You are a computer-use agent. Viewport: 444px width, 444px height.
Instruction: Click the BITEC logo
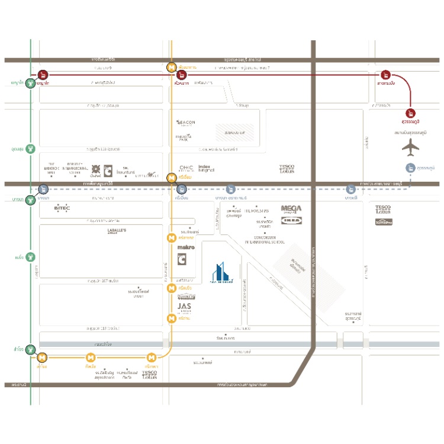[x=62, y=208]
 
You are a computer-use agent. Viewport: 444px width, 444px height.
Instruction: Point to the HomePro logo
[x=384, y=222]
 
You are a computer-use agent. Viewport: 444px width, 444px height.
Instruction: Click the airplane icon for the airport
[x=410, y=147]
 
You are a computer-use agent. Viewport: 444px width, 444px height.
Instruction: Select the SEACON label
[x=186, y=123]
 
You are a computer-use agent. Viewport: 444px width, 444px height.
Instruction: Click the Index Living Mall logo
[x=207, y=169]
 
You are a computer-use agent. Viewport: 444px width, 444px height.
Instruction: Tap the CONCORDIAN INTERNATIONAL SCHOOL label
[x=265, y=240]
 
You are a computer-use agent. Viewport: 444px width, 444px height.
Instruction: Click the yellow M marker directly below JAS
[x=171, y=318]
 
